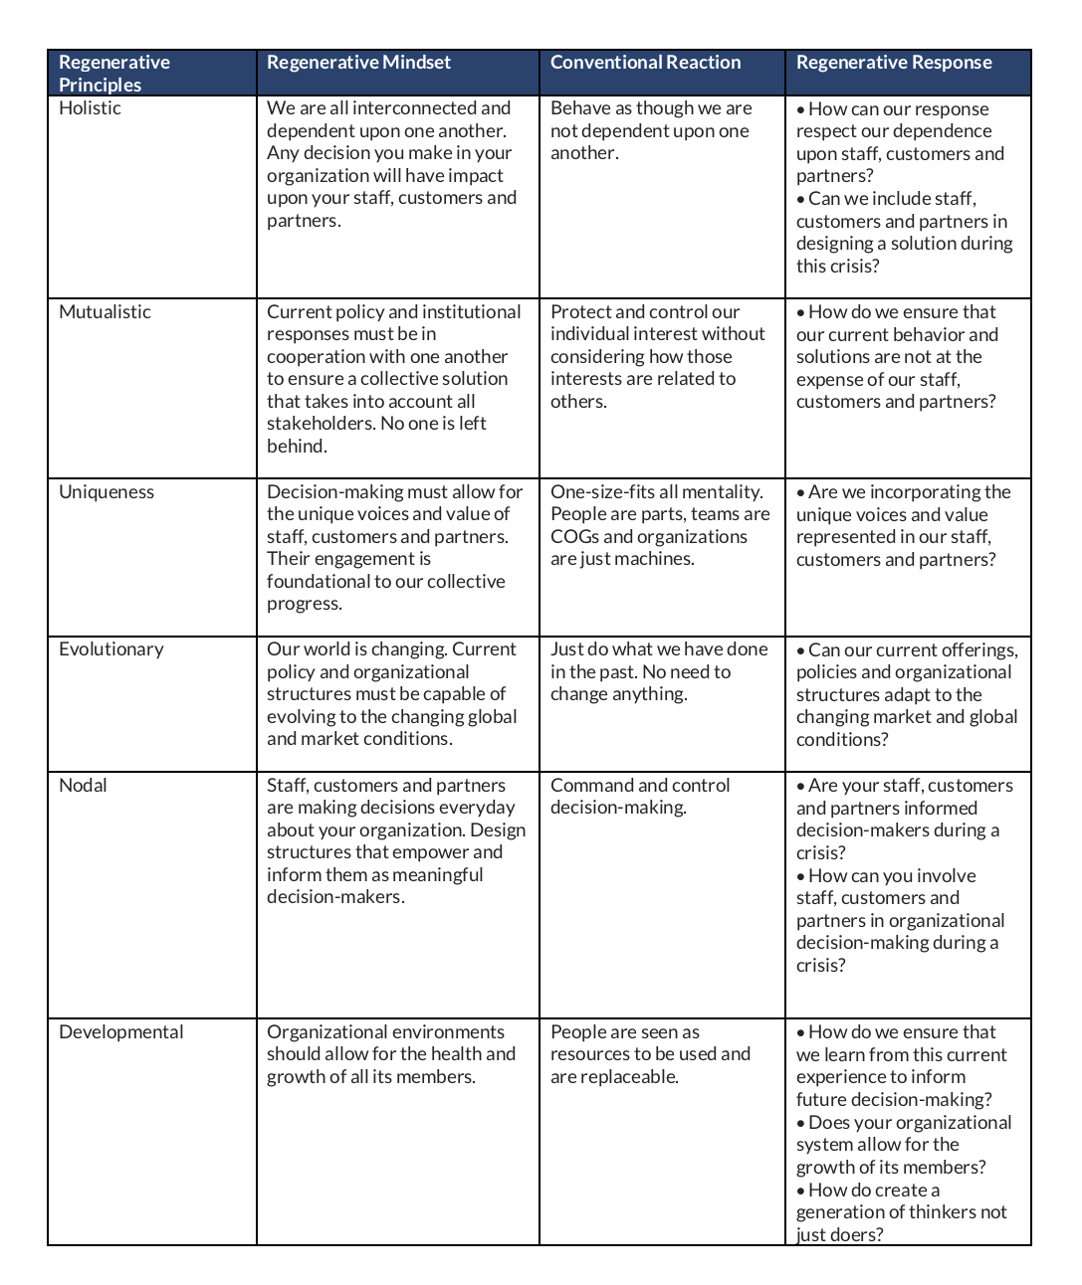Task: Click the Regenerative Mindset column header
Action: [358, 63]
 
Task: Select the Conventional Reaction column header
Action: [645, 63]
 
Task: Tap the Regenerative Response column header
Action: [894, 63]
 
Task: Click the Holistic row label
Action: [90, 108]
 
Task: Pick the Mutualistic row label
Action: [105, 312]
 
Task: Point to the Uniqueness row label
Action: [107, 492]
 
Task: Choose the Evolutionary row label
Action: [110, 649]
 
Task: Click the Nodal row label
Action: [83, 786]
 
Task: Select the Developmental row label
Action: [120, 1032]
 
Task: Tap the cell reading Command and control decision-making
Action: [640, 797]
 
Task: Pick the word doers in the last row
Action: [855, 1235]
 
